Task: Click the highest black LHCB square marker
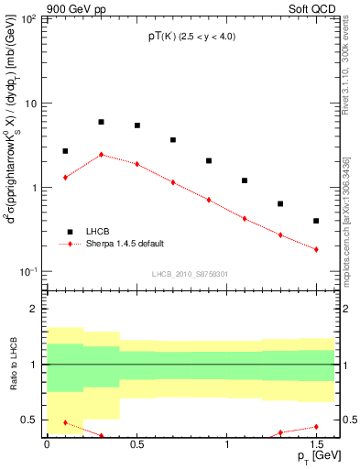point(101,122)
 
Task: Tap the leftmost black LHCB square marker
point(65,151)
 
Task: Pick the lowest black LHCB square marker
point(316,221)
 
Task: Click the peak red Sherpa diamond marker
point(101,155)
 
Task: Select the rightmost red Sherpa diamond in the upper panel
point(316,249)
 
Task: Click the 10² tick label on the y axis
point(28,19)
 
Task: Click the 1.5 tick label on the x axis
point(316,443)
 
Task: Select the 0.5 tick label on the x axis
point(136,443)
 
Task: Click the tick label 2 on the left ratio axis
point(34,309)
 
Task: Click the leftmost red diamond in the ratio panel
point(65,422)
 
